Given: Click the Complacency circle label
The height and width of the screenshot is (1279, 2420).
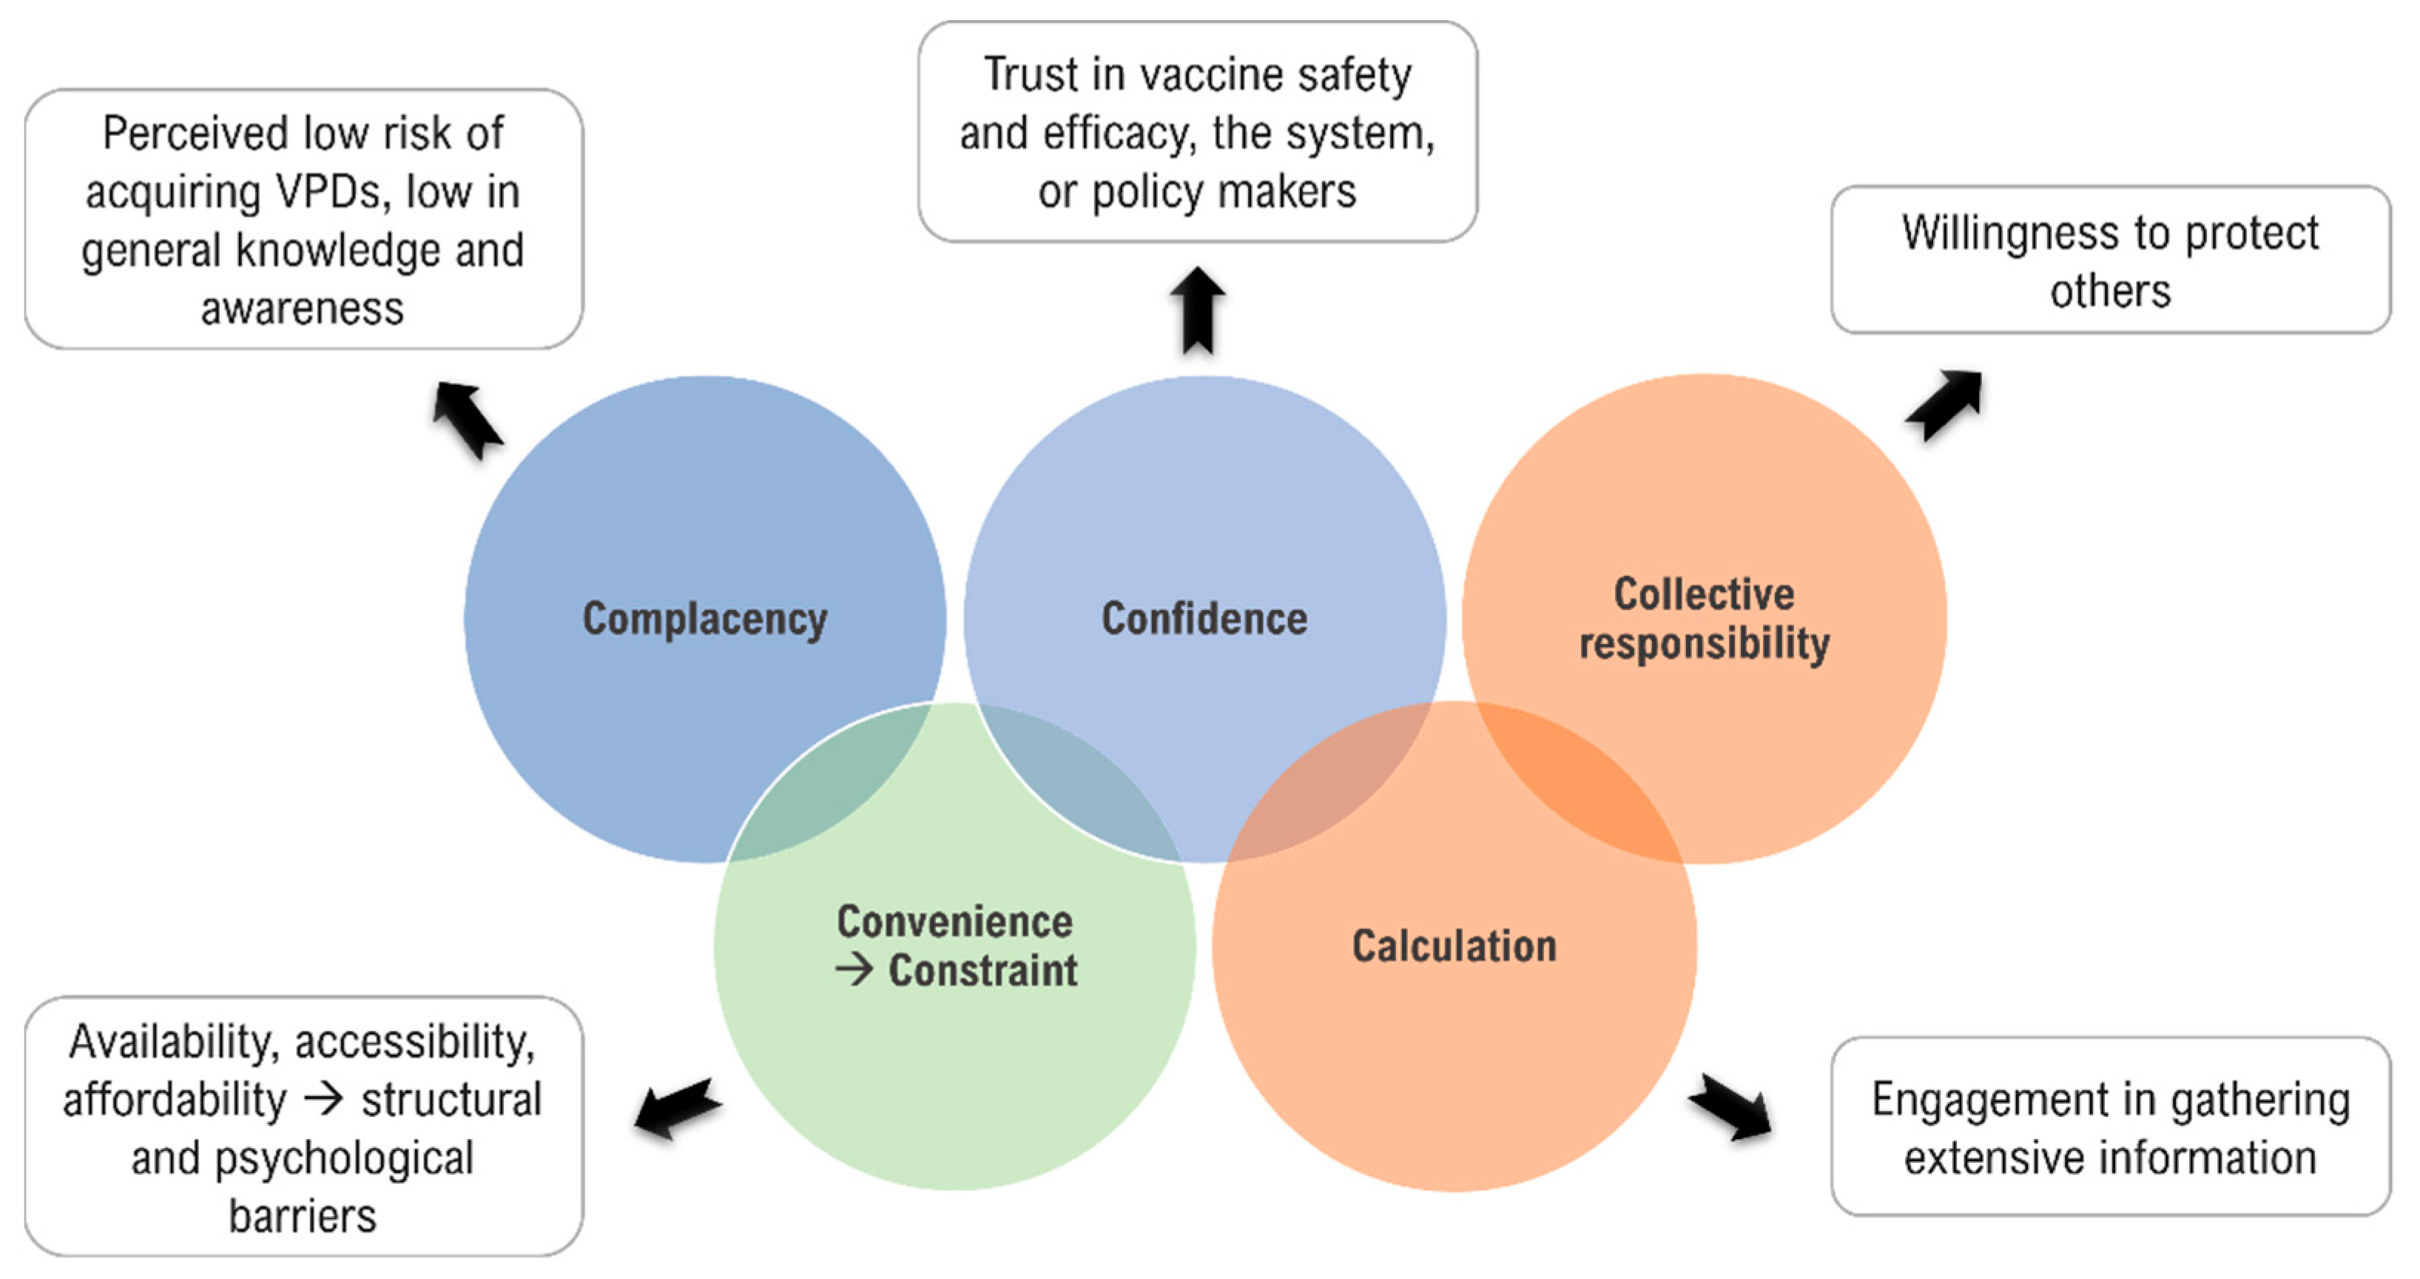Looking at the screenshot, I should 704,620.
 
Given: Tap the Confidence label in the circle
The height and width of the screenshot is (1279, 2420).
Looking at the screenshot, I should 1204,620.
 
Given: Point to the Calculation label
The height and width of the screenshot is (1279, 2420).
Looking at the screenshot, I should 1455,947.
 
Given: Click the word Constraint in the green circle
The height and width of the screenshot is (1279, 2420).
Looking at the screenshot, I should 983,971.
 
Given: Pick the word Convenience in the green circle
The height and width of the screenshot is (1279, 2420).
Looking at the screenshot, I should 954,922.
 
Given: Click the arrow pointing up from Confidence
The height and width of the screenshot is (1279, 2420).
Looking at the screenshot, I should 1198,310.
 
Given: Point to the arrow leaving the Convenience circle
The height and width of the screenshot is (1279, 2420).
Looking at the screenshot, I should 678,1108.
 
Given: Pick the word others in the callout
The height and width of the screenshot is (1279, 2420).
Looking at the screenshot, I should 2110,292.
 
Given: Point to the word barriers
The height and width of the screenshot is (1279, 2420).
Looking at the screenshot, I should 303,1217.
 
